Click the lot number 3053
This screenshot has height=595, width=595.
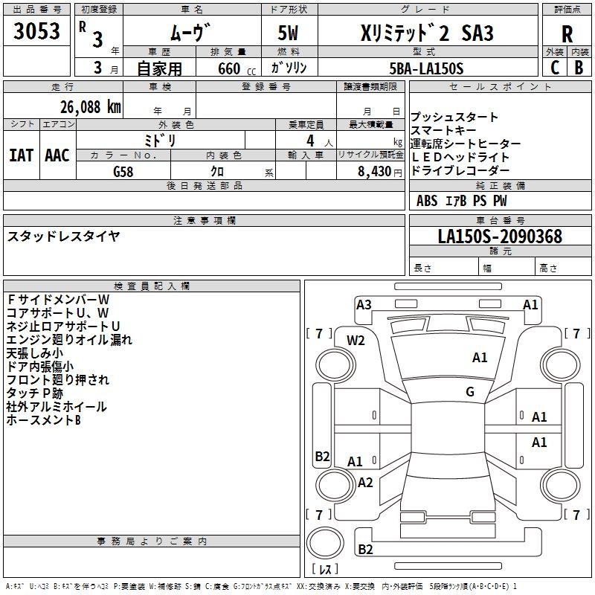37,32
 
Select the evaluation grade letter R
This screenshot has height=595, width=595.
567,35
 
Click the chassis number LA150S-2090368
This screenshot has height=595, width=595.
500,237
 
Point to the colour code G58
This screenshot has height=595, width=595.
124,170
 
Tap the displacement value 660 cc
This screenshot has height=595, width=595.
228,68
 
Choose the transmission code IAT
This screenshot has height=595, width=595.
21,155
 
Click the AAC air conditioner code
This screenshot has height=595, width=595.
57,155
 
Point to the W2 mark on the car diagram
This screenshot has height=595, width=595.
356,340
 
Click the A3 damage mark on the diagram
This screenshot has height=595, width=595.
364,304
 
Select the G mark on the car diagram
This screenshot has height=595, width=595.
470,391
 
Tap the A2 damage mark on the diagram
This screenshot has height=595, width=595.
365,482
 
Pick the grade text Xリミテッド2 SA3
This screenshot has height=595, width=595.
427,34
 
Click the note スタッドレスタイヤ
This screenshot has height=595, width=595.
63,237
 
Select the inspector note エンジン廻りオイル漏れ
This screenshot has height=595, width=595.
69,340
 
